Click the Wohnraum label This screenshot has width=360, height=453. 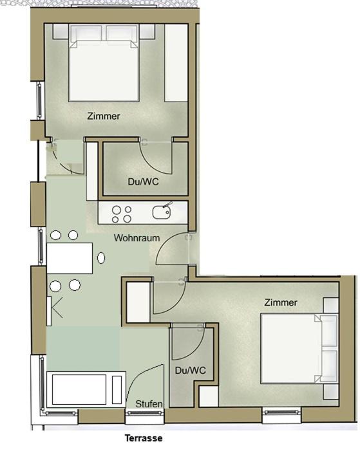pos(137,238)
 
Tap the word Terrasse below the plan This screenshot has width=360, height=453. pos(144,438)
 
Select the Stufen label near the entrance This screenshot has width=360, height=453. pos(149,404)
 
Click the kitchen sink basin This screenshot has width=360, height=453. pos(162,212)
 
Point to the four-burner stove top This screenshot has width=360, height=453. pos(122,214)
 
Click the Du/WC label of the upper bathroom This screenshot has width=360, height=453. pos(144,181)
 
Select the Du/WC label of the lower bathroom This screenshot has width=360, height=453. pos(190,371)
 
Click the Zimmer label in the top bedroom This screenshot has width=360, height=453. pos(104,116)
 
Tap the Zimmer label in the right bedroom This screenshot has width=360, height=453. pos(281,302)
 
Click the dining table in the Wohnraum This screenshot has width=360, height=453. pos(70,258)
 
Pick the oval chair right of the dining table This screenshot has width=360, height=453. pos(101,258)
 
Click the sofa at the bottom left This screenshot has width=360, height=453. pos(86,389)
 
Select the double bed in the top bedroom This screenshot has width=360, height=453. pos(104,62)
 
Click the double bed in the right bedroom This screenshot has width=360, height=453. pos(299,348)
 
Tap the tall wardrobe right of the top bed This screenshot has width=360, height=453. pos(176,62)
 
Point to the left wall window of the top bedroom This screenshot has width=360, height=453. pos(40,100)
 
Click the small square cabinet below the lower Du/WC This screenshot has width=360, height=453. pos(209,396)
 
